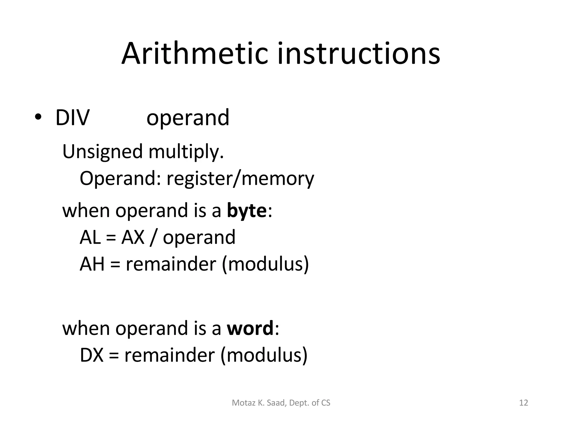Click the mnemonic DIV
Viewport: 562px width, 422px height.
(72, 118)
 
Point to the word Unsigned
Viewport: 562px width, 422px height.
(102, 152)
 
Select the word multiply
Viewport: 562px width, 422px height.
(186, 152)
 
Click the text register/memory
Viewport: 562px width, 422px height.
(240, 179)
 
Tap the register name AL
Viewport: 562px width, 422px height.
(90, 237)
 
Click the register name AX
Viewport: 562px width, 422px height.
(133, 237)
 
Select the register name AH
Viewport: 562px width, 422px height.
(92, 264)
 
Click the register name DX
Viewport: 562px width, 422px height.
(92, 355)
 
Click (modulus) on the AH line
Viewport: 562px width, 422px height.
(265, 264)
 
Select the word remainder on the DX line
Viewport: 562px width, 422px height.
(169, 355)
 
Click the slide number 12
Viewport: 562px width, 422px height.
(524, 403)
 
